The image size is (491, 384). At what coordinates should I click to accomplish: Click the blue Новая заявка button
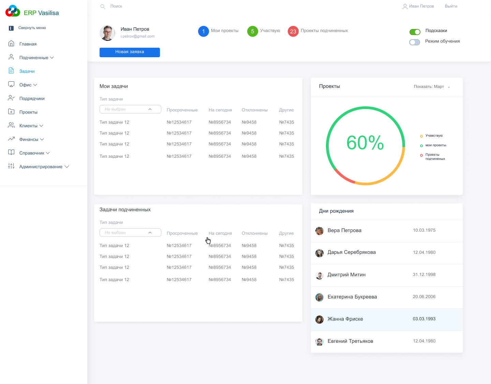tap(130, 52)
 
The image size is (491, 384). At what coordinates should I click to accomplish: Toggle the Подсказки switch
tap(415, 32)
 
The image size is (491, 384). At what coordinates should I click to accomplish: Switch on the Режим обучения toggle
tap(414, 42)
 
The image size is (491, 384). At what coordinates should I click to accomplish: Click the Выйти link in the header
tap(451, 6)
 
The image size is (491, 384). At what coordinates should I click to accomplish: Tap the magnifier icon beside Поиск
tap(103, 6)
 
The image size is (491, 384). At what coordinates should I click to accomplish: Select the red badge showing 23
tap(293, 31)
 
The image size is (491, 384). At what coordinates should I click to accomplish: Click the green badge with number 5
tap(252, 31)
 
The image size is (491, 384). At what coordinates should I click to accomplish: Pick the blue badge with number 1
tap(203, 31)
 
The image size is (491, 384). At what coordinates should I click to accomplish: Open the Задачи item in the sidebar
tap(27, 71)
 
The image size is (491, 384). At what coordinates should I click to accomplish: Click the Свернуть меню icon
tap(11, 28)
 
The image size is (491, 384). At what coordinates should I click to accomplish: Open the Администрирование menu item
tap(41, 167)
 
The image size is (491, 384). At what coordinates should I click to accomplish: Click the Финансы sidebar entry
tap(29, 139)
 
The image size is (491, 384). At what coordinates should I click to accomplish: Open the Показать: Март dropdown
tap(432, 87)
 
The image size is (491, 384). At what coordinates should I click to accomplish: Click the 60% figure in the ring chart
tap(365, 143)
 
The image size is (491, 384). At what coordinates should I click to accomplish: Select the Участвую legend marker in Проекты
tap(421, 136)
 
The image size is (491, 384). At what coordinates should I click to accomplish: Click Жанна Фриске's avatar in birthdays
tap(319, 320)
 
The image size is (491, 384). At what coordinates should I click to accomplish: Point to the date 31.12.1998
tap(424, 275)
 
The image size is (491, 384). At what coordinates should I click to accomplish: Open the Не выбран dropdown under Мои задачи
tap(130, 109)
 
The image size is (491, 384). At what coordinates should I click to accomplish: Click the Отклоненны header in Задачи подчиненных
tap(254, 233)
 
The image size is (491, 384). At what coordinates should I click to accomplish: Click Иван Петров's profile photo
tap(107, 33)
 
